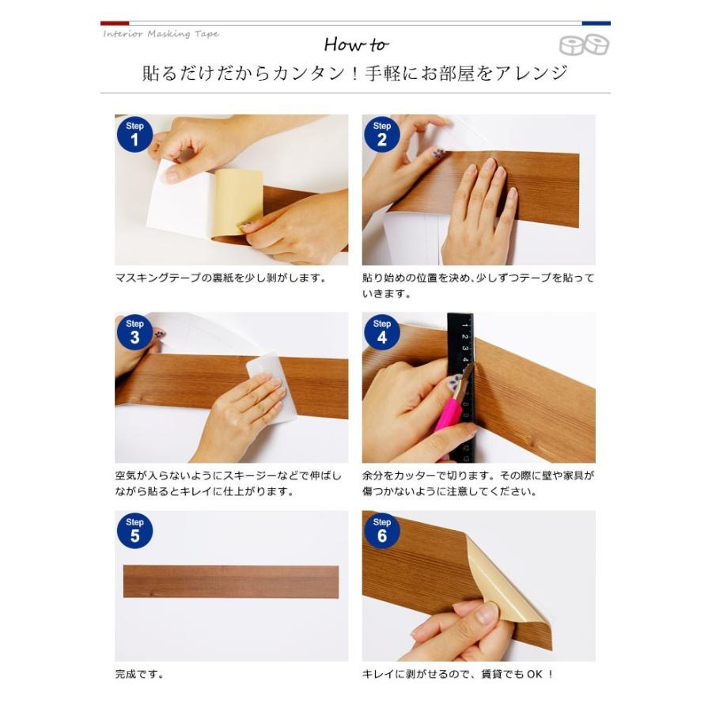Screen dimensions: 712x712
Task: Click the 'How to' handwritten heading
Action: coord(355,44)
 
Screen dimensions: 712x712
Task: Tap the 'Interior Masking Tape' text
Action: coord(161,34)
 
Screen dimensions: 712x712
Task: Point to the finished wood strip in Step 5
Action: coord(231,581)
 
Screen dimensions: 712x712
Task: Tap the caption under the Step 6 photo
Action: coord(458,675)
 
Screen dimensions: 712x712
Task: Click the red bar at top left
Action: coord(115,23)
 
